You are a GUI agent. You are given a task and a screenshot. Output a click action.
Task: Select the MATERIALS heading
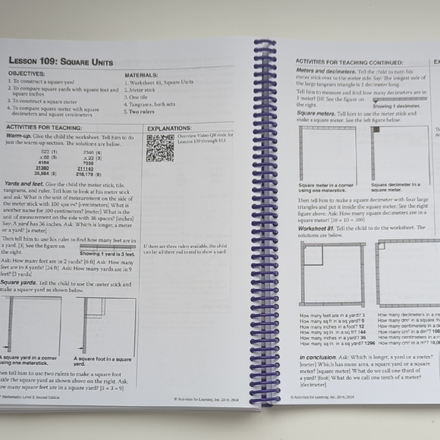[x=142, y=75]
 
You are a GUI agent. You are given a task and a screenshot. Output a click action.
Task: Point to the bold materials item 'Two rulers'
[x=142, y=112]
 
